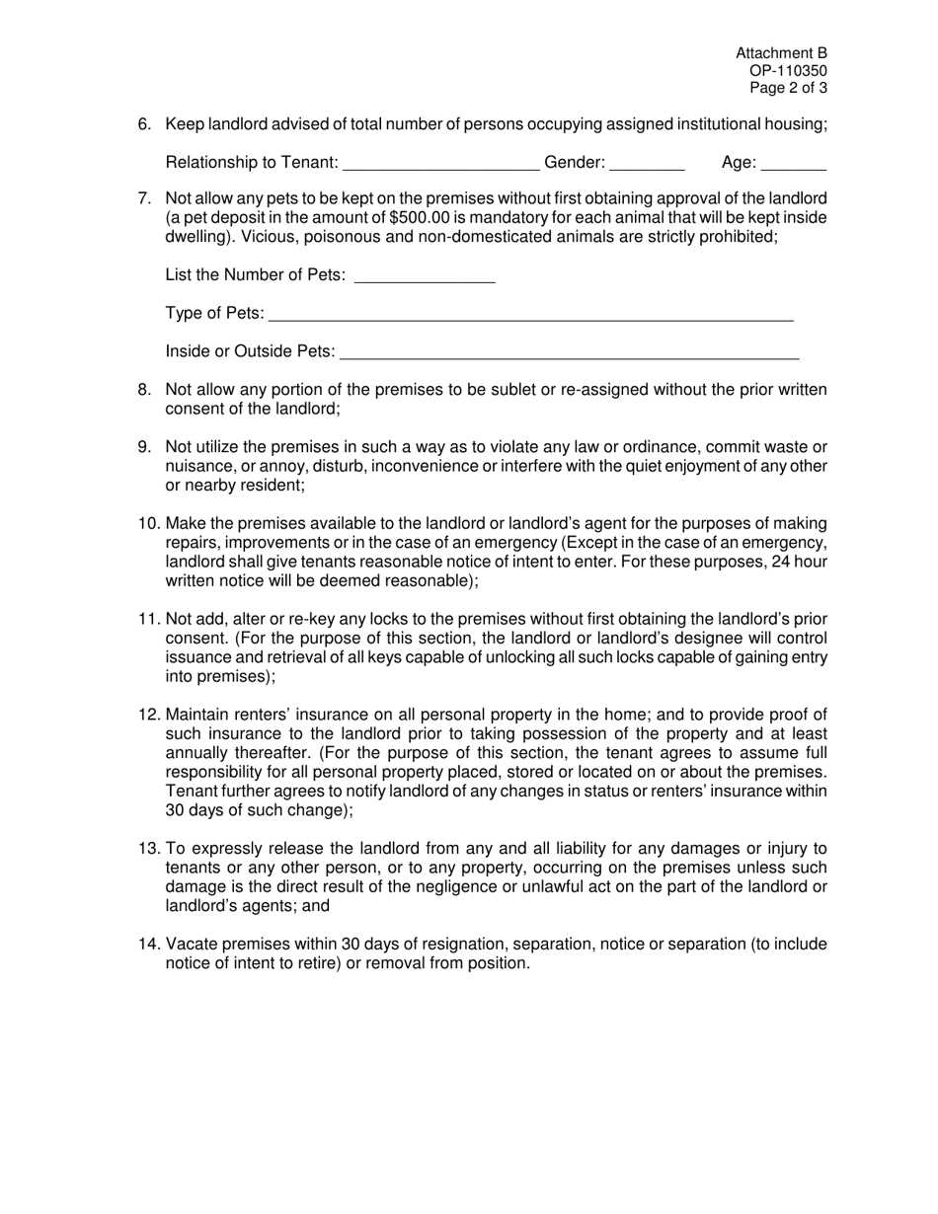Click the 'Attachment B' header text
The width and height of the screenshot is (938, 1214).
coord(781,53)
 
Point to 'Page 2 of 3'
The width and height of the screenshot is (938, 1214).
coord(788,87)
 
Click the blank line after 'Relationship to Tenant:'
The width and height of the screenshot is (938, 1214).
coord(440,165)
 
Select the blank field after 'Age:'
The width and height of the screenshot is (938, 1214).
coord(794,165)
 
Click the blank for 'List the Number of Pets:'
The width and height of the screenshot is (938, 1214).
coord(424,276)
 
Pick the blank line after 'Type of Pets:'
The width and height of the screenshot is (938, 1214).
coord(530,315)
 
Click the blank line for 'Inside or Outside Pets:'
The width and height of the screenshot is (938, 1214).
coord(569,353)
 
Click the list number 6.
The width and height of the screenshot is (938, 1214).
coord(145,124)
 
